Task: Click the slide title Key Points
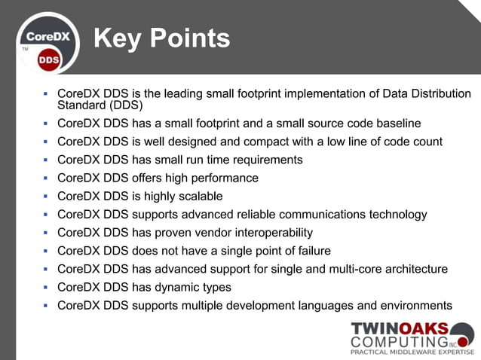pos(161,38)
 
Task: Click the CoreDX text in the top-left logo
pos(49,35)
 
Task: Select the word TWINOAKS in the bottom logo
pos(400,329)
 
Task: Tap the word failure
pos(311,251)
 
